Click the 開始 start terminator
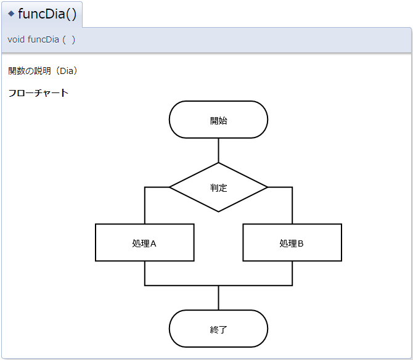pyautogui.click(x=218, y=120)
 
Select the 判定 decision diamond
pyautogui.click(x=218, y=187)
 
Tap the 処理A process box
pyautogui.click(x=144, y=243)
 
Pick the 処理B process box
pyautogui.click(x=292, y=243)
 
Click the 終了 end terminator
pyautogui.click(x=218, y=329)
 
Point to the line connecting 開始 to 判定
pyautogui.click(x=218, y=150)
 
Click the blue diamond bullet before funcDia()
pyautogui.click(x=11, y=14)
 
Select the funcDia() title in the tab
pyautogui.click(x=47, y=14)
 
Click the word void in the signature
pyautogui.click(x=16, y=39)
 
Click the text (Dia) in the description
pyautogui.click(x=67, y=71)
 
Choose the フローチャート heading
pyautogui.click(x=38, y=93)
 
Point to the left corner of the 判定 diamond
pyautogui.click(x=171, y=187)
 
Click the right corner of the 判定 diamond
pyautogui.click(x=266, y=187)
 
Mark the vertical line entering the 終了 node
pyautogui.click(x=218, y=298)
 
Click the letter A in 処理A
pyautogui.click(x=153, y=243)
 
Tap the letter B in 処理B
pyautogui.click(x=300, y=243)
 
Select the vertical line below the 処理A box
pyautogui.click(x=145, y=273)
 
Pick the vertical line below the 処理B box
pyautogui.click(x=292, y=273)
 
